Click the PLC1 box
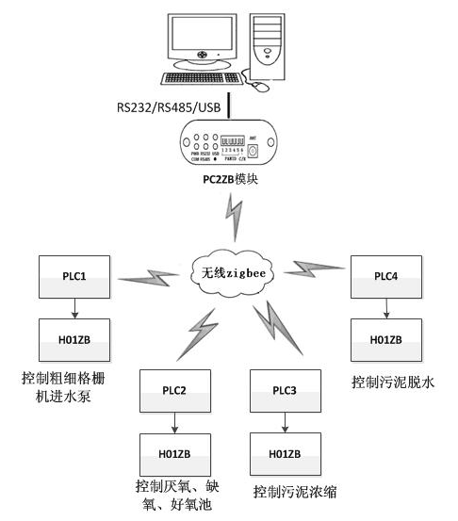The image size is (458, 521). pos(75,278)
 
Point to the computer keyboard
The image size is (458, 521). pos(201,80)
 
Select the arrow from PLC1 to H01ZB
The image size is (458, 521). pos(75,309)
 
